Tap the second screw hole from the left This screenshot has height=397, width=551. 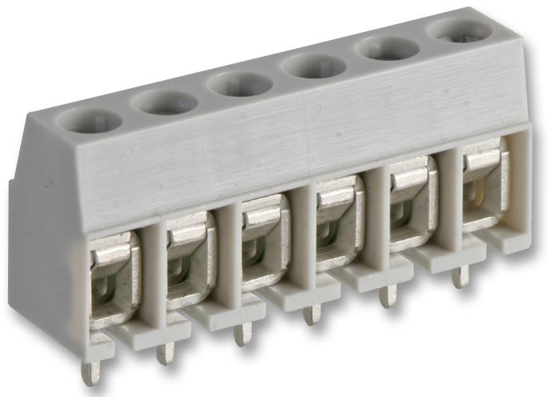[165, 102]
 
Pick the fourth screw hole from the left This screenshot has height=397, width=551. [313, 66]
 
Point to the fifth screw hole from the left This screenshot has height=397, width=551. [387, 49]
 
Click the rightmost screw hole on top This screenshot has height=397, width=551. [461, 30]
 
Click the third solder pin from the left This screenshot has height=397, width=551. [241, 333]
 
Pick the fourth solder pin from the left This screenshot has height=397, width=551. [313, 313]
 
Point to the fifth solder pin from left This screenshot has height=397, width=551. [387, 296]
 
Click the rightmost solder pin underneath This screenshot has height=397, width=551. [459, 277]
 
